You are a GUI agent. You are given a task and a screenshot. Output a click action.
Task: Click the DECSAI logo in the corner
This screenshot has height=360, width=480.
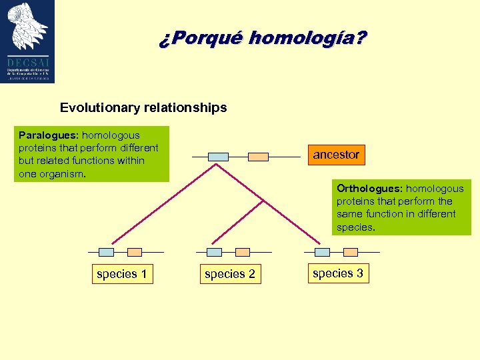coord(28,41)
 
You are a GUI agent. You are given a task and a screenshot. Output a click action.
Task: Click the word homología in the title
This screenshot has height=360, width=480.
coord(307,39)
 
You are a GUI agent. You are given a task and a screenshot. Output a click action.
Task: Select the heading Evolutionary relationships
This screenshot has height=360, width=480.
coord(143,107)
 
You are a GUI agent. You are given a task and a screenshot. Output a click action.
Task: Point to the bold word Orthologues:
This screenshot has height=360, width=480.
coord(369,189)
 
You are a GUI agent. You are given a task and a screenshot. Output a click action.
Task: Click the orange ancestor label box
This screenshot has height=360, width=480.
coord(336,155)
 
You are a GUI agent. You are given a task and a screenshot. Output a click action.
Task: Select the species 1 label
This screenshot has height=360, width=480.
coord(122,274)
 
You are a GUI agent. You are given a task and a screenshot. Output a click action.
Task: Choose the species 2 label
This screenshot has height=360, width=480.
coord(230,274)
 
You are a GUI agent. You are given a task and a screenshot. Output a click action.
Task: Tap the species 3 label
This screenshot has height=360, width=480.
coord(338,273)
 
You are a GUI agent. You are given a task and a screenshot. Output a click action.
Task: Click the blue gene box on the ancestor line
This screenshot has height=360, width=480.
coord(218,157)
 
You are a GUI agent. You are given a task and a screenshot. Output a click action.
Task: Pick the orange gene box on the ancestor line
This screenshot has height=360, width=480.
coord(258,157)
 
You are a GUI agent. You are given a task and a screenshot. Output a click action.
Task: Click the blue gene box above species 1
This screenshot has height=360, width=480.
coord(106,252)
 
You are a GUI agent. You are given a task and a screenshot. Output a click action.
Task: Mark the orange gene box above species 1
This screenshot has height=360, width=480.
coord(135,252)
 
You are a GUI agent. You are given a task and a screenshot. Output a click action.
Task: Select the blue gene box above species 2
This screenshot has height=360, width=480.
coord(214,252)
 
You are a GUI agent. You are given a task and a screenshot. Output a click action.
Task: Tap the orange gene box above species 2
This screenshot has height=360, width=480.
coord(243,252)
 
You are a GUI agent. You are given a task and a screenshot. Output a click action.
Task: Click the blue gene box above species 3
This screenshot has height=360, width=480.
coord(322,252)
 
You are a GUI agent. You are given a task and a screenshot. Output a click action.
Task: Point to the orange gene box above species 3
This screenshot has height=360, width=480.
coord(351,252)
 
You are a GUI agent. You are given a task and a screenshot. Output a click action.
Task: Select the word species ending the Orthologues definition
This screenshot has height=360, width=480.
coord(355,227)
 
